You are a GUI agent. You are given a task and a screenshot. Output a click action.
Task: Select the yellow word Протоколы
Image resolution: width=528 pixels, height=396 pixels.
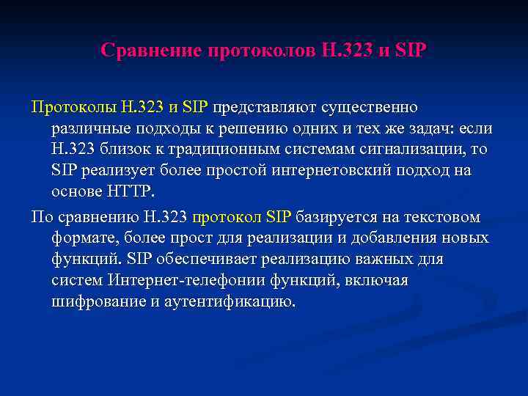72,107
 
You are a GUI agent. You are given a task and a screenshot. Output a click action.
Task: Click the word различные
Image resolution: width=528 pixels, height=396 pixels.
86,128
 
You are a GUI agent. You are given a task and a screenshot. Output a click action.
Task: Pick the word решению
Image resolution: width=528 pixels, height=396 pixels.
260,128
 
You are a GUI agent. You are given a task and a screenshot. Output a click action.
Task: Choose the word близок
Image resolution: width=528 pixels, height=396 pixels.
122,150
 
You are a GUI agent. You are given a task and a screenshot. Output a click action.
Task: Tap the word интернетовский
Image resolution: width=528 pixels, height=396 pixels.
323,171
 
